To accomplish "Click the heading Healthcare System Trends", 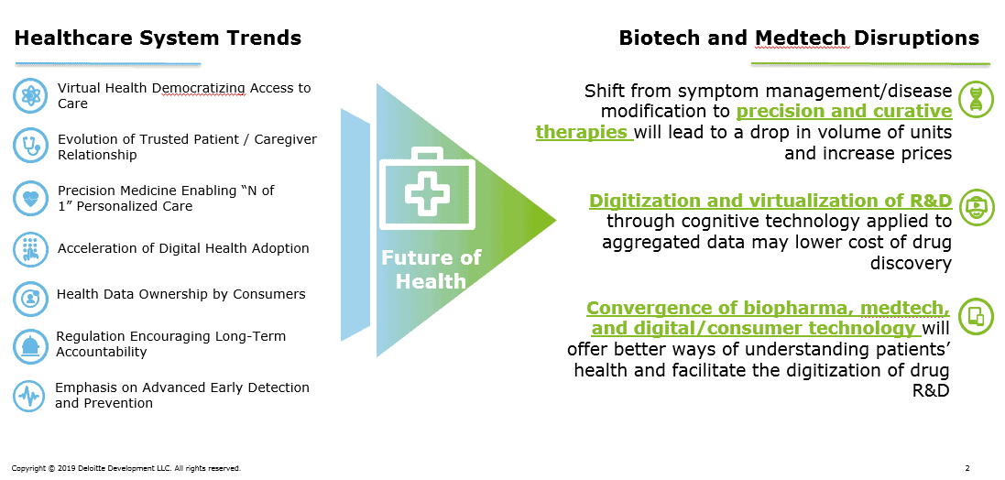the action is coord(158,38).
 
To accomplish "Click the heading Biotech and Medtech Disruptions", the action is coord(799,38).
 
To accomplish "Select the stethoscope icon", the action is coord(30,147).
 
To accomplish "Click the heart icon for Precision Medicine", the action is coord(30,198).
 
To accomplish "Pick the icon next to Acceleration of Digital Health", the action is coord(30,249).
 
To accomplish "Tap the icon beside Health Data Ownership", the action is coord(30,299).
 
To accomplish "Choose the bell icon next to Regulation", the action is coord(30,346).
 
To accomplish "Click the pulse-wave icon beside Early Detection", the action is coord(30,396).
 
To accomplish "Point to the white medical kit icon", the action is coord(428,189).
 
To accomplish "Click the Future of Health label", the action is coord(431,269).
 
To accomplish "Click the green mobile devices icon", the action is coord(976,317).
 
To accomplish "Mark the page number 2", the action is coord(967,468).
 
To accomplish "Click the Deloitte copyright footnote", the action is coord(126,468).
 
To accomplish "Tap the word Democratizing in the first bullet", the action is coord(199,88).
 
